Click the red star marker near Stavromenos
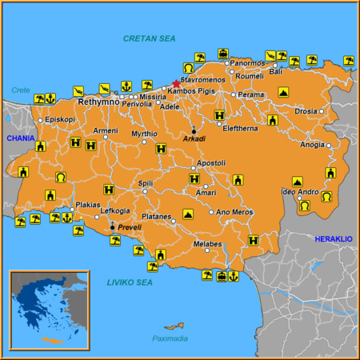click(x=176, y=83)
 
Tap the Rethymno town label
click(x=98, y=102)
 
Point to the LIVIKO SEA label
click(x=130, y=282)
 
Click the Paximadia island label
click(x=170, y=338)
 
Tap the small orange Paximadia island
click(x=173, y=326)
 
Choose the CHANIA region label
click(x=20, y=138)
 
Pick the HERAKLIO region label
click(x=333, y=239)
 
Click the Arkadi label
click(x=194, y=138)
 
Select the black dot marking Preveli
click(x=112, y=226)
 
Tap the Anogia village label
click(x=312, y=145)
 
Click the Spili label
click(x=146, y=183)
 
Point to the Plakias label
click(x=88, y=205)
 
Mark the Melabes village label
click(x=207, y=244)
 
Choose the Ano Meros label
click(x=234, y=212)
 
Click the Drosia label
click(x=306, y=112)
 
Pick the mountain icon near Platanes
click(x=188, y=214)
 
